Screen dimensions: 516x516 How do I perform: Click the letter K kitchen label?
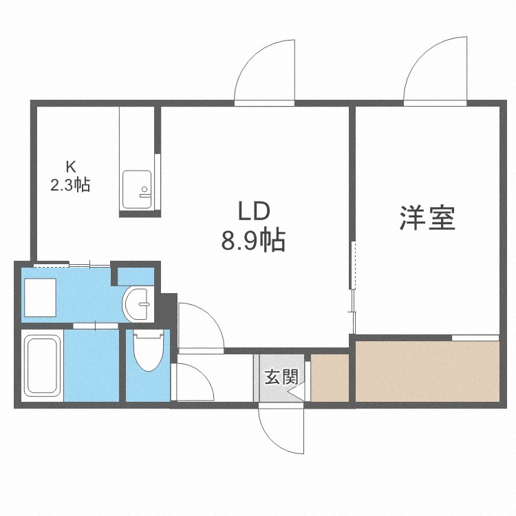(71, 167)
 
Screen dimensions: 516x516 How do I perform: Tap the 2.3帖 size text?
(70, 184)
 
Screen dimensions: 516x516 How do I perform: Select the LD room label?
(254, 211)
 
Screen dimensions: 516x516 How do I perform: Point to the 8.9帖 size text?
(252, 241)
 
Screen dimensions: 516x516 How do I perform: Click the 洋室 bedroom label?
(427, 217)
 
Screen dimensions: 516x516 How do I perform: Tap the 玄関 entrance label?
(281, 377)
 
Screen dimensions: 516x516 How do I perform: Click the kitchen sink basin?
(137, 189)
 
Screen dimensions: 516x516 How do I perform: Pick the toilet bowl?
(149, 351)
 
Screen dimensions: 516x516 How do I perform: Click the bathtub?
(43, 365)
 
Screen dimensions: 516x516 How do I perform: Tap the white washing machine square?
(40, 297)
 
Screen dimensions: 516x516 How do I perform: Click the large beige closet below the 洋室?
(427, 372)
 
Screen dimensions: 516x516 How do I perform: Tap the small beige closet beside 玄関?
(330, 378)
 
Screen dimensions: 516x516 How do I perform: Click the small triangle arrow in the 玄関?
(296, 393)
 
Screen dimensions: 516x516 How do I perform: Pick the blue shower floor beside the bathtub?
(92, 365)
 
